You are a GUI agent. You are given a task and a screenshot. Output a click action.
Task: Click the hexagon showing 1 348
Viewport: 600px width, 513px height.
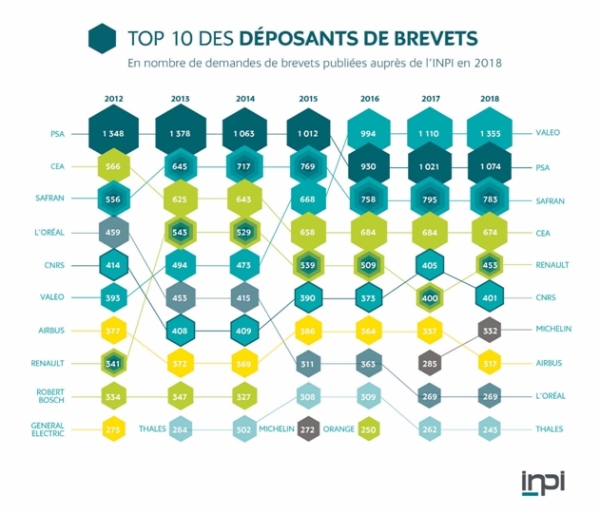point(113,134)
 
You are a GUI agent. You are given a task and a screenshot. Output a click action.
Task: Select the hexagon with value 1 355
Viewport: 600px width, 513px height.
point(491,134)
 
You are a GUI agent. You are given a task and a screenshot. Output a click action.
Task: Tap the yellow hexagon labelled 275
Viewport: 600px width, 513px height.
point(113,429)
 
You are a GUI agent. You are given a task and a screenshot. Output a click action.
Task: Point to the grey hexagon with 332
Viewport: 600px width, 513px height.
point(491,330)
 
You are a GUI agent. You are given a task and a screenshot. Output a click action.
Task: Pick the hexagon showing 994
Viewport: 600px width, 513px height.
point(369,134)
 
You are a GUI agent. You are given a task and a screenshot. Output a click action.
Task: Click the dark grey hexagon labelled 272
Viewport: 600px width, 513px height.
point(307,429)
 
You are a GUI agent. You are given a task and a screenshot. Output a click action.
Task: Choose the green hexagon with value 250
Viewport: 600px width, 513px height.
point(368,429)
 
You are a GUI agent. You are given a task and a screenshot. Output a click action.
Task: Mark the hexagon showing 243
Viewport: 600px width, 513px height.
point(491,429)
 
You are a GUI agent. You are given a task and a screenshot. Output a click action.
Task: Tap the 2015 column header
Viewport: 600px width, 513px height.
point(307,99)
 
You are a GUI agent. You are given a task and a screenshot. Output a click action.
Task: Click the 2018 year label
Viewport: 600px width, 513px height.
point(491,99)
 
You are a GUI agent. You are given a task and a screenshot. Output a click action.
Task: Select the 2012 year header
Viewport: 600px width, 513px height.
point(113,99)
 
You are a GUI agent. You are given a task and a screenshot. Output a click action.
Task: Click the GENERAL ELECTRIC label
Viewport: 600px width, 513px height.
point(47,429)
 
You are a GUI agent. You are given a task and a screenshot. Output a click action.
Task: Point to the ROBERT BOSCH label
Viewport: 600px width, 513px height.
point(48,395)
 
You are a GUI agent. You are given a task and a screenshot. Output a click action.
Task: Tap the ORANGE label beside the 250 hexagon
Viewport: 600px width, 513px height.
point(339,429)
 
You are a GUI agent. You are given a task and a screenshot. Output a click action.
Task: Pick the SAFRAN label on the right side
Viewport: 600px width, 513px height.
point(552,200)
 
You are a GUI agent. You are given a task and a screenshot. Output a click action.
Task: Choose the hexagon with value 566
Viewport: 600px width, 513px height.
point(113,167)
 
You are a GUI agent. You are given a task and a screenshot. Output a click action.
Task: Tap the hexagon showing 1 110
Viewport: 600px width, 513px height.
point(430,134)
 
